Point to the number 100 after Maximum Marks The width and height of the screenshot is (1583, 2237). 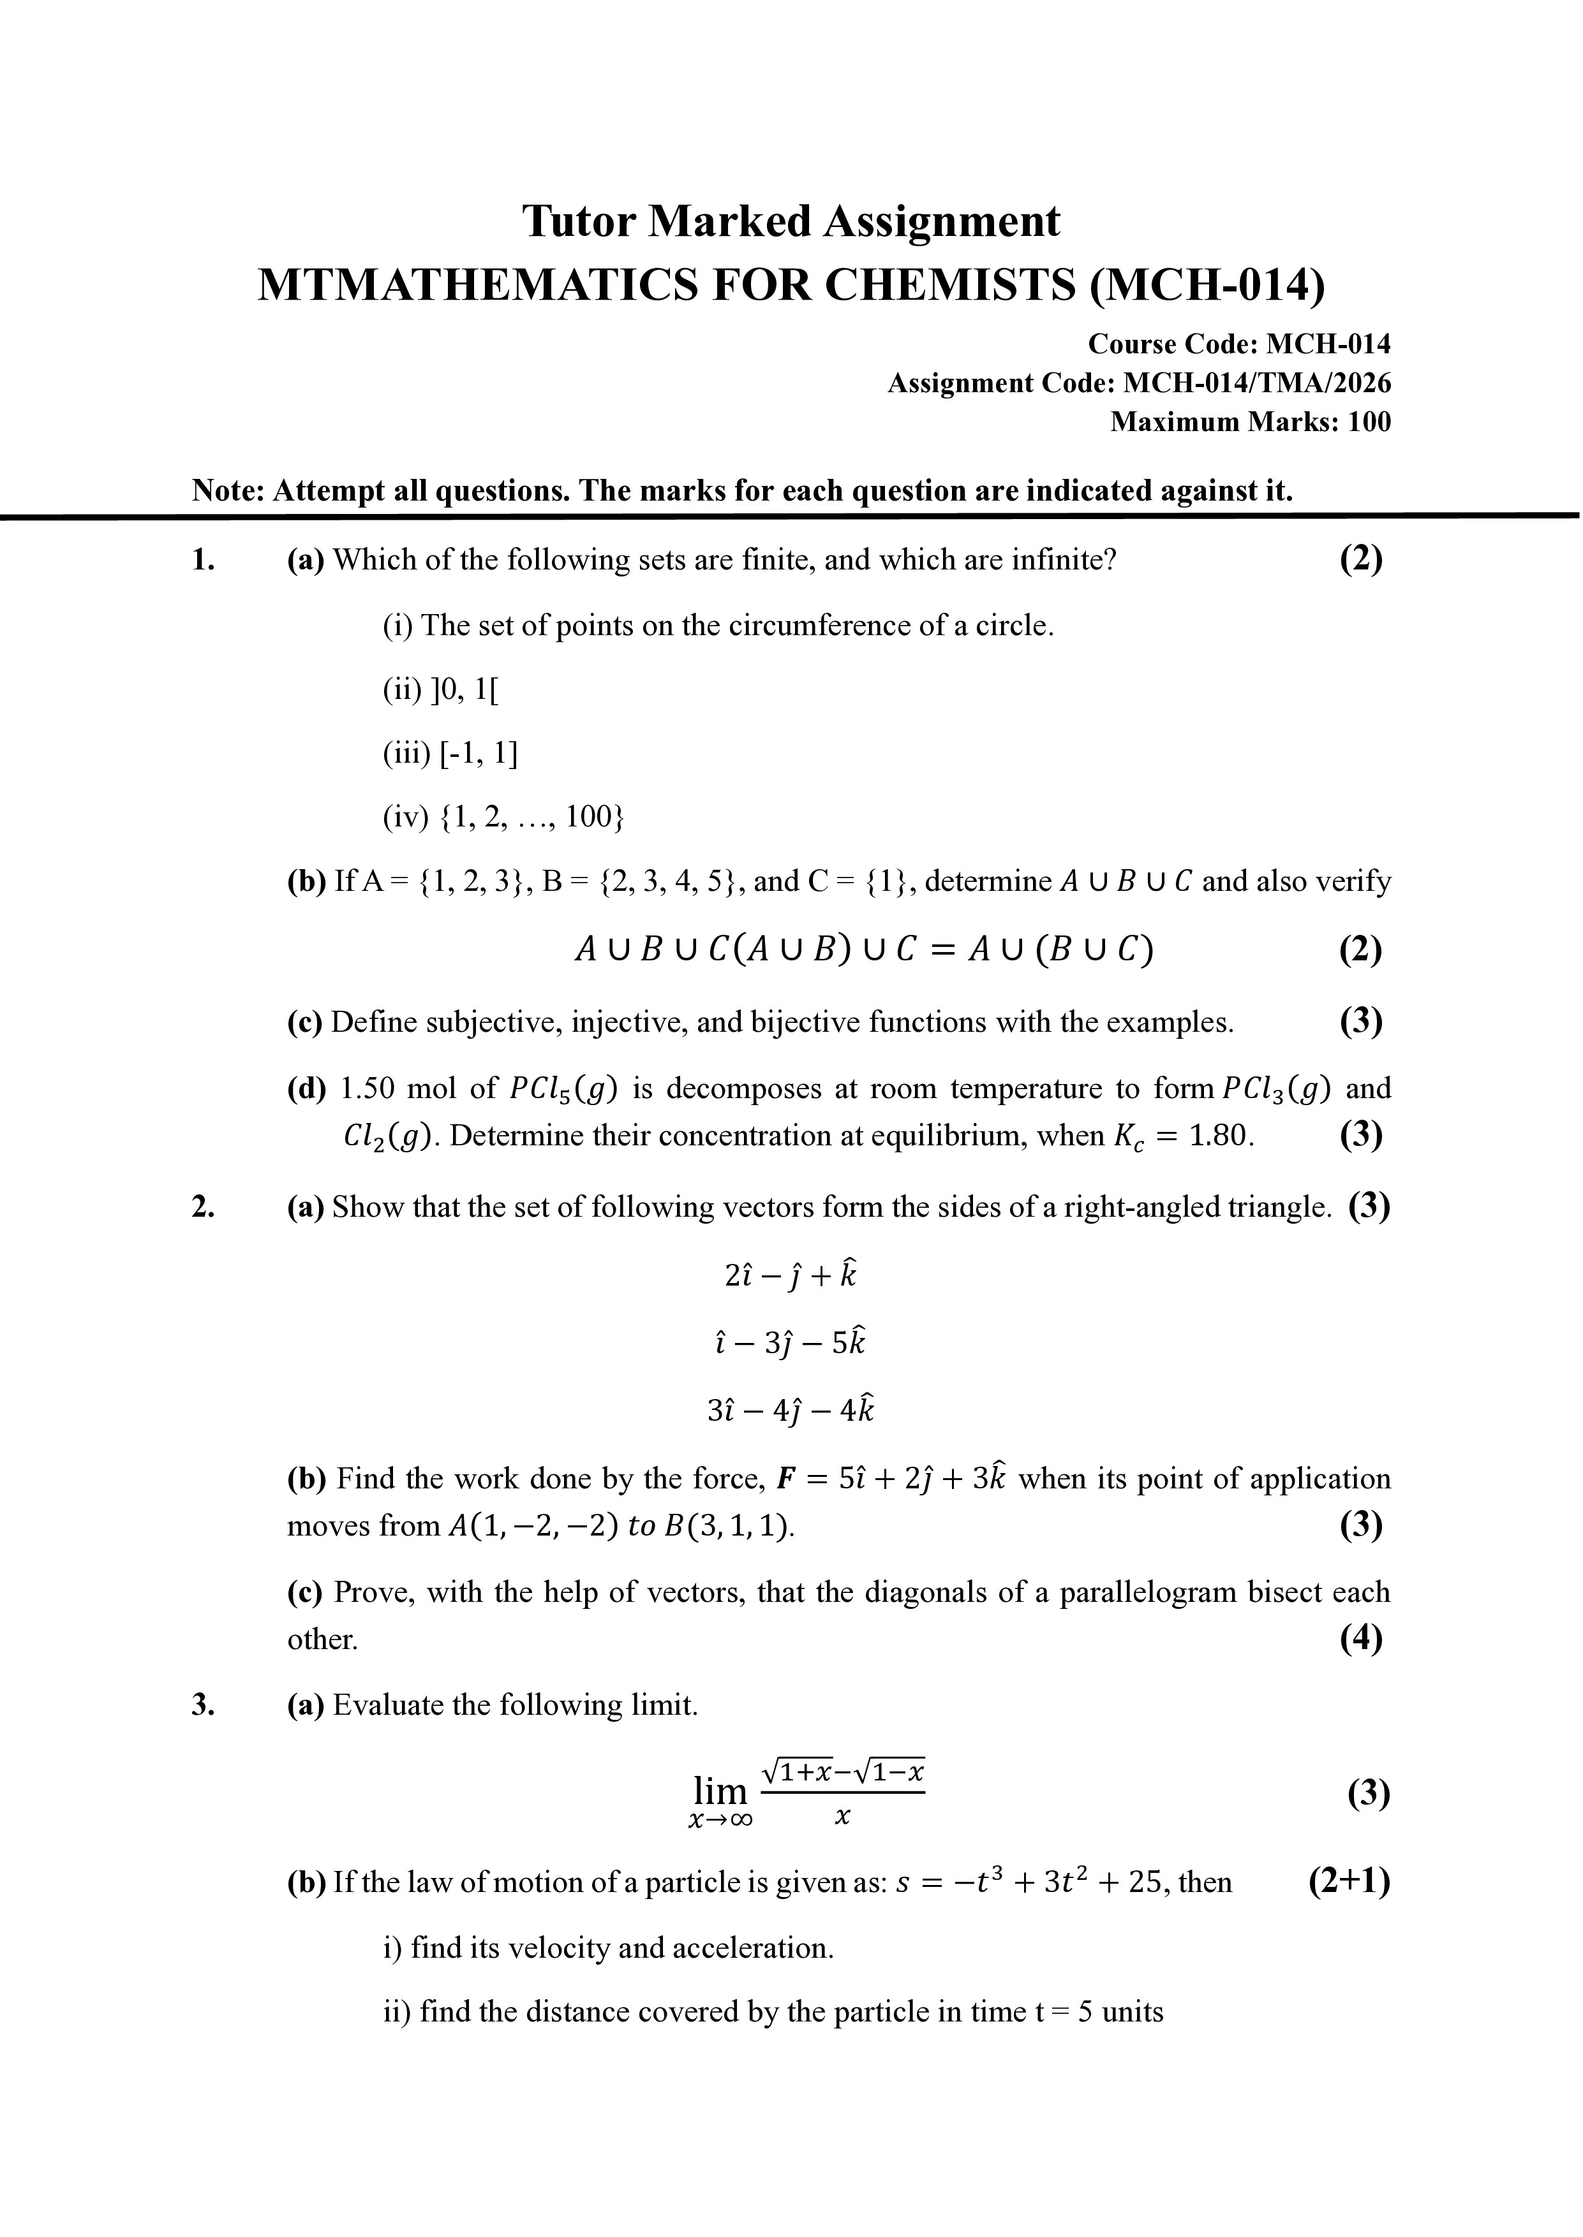click(x=1369, y=422)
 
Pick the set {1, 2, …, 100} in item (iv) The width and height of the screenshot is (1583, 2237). click(x=532, y=816)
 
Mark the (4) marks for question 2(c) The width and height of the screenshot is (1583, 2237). click(x=1361, y=1639)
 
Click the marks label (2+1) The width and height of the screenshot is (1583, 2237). click(x=1348, y=1881)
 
